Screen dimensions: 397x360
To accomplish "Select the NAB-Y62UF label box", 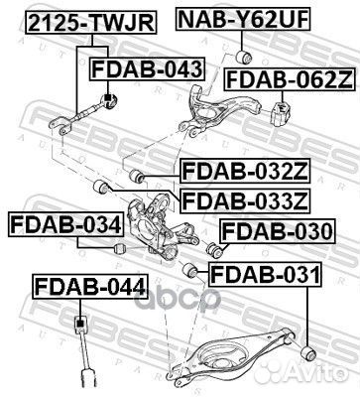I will click(x=235, y=18).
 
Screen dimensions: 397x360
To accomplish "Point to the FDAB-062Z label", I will click(x=288, y=78).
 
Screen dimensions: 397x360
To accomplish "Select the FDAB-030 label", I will click(x=276, y=233).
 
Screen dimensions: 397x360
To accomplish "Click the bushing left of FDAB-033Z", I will click(x=98, y=186).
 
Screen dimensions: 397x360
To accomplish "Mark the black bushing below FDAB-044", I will click(x=84, y=327).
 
